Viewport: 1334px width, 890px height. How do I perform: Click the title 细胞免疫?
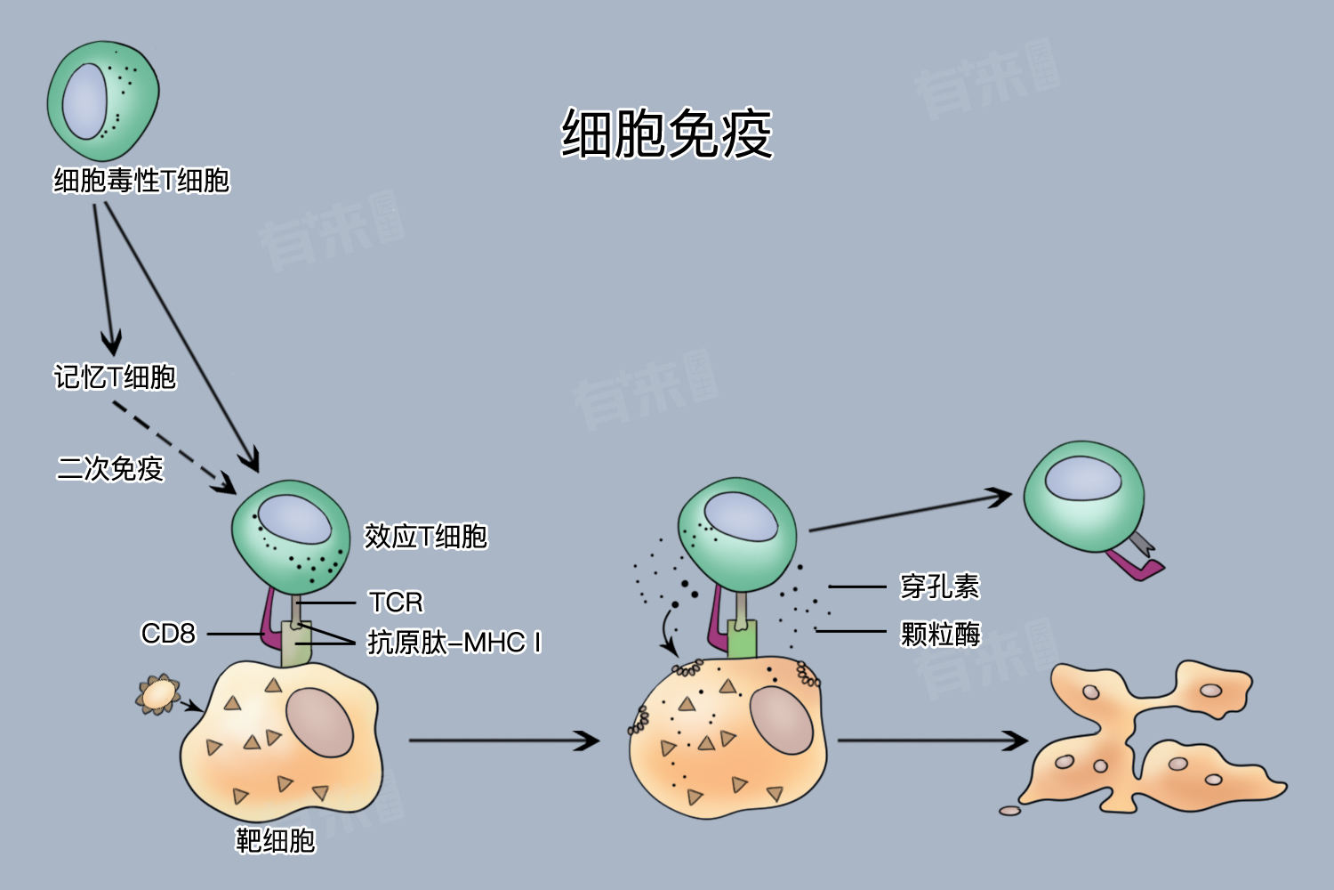(x=667, y=133)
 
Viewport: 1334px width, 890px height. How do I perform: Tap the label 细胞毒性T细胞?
(x=141, y=180)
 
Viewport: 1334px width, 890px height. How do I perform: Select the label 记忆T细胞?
(x=115, y=376)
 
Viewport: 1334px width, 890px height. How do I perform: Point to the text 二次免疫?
(x=110, y=468)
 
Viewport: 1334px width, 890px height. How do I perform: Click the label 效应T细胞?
(x=426, y=536)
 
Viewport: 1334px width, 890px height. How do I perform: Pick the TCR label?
(x=396, y=602)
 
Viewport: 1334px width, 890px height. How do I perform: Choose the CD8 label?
(x=168, y=633)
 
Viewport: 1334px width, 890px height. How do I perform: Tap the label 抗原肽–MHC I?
(x=454, y=643)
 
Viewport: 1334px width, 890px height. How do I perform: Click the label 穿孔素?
(x=940, y=587)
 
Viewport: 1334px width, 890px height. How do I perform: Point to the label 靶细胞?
(x=275, y=840)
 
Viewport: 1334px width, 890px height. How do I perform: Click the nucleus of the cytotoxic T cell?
(x=85, y=101)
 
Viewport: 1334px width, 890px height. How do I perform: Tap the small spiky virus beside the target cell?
(x=157, y=694)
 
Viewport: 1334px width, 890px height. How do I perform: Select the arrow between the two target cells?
(x=504, y=740)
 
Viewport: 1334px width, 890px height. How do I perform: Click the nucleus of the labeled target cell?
(x=320, y=722)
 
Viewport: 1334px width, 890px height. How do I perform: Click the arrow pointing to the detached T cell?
(x=910, y=512)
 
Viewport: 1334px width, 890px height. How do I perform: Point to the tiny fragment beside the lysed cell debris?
(x=1009, y=811)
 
